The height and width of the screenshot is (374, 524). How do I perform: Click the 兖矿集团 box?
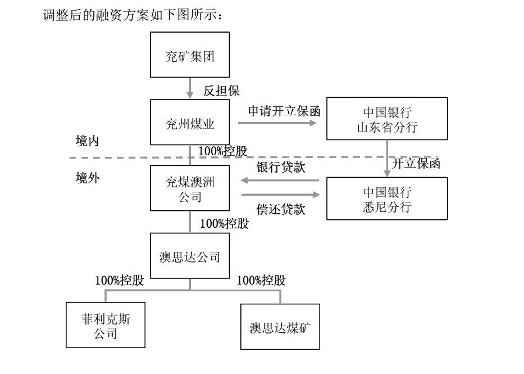(x=190, y=55)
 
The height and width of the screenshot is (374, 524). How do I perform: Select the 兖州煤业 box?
(x=190, y=123)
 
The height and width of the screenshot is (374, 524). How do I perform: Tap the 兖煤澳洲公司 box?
(x=190, y=188)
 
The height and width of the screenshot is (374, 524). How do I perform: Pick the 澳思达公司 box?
(x=190, y=256)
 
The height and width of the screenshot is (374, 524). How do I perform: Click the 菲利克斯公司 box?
(x=106, y=326)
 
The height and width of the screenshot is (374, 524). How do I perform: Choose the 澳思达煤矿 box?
(x=280, y=327)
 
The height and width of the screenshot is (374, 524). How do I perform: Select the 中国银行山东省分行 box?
(x=387, y=119)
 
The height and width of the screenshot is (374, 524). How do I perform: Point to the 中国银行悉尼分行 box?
(x=387, y=199)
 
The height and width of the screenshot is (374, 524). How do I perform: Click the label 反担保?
(x=221, y=91)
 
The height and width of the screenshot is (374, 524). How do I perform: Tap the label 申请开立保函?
(x=284, y=111)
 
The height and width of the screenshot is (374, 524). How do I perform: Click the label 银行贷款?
(x=281, y=167)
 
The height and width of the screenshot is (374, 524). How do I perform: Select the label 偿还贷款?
(x=281, y=209)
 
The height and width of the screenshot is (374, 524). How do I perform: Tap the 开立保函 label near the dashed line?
(x=416, y=164)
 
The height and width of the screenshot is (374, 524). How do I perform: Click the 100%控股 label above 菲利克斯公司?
(x=120, y=280)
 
